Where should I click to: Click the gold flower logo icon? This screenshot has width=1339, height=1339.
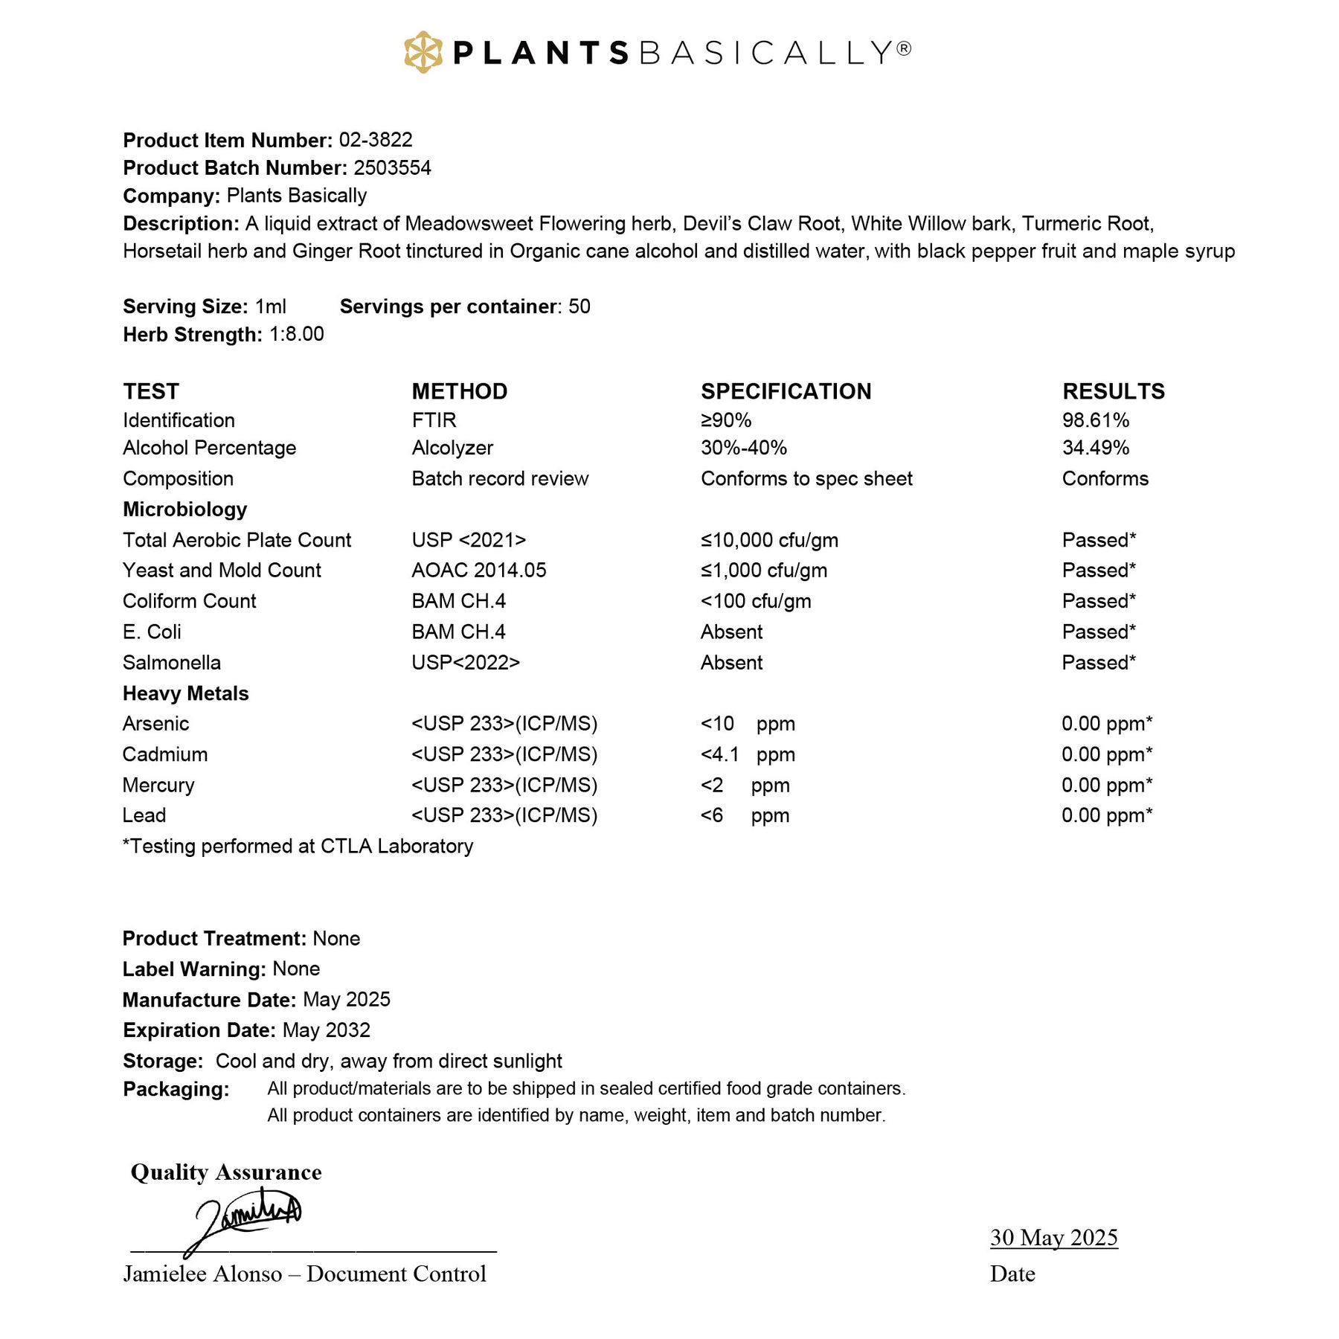click(x=423, y=52)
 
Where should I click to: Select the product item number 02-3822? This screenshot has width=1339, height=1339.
click(x=376, y=140)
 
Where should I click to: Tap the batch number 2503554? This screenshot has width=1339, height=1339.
click(x=392, y=168)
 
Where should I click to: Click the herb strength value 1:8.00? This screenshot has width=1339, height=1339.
click(x=296, y=334)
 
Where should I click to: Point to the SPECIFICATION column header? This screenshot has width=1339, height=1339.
click(x=786, y=391)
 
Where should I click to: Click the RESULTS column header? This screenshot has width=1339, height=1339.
click(x=1113, y=391)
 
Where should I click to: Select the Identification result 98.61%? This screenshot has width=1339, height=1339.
click(x=1095, y=420)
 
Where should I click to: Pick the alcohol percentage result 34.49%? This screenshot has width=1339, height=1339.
click(x=1095, y=448)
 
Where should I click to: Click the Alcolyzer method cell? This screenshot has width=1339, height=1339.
click(x=452, y=448)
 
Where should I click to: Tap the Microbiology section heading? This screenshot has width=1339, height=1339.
click(x=184, y=510)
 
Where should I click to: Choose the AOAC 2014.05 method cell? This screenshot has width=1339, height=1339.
click(x=478, y=571)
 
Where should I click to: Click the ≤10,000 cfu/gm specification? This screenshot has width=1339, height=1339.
click(x=769, y=540)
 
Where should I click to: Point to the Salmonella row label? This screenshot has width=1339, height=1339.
click(x=171, y=663)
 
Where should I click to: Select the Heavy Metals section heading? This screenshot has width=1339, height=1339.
click(x=185, y=693)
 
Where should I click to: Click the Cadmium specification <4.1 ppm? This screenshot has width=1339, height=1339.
click(x=748, y=754)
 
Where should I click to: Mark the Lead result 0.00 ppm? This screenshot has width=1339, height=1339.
click(x=1106, y=815)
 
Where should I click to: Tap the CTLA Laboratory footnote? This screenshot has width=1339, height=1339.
click(x=298, y=847)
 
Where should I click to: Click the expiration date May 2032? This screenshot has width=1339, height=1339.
click(x=326, y=1030)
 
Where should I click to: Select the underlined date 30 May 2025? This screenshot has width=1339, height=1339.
click(x=1053, y=1237)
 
